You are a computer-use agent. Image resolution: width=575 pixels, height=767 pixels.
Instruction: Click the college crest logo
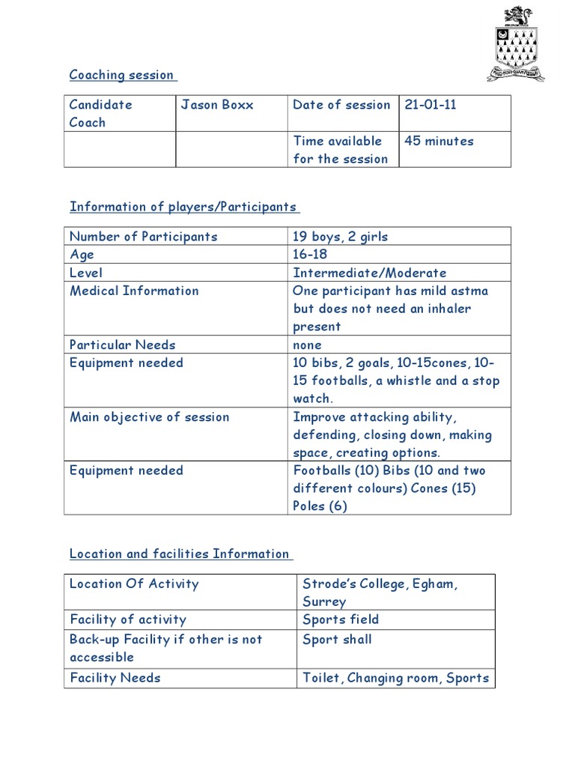point(517,44)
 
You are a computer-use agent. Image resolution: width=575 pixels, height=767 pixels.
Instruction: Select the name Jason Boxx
point(217,105)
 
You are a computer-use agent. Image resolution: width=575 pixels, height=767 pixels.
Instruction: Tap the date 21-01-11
point(431,105)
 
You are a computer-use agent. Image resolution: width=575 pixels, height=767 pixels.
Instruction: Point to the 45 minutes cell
point(439,141)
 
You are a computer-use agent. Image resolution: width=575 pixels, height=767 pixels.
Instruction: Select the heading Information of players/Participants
point(183,207)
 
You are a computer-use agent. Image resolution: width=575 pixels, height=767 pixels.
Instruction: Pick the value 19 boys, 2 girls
point(341,237)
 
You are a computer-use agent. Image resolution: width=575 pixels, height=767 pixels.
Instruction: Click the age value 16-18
point(311,255)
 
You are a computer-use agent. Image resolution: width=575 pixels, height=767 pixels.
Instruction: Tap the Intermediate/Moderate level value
point(369,273)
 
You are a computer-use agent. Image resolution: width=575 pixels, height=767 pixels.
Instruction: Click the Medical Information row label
point(134,291)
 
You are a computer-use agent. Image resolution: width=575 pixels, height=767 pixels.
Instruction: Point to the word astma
point(467,291)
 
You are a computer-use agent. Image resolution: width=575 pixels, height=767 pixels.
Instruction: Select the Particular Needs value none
point(308,345)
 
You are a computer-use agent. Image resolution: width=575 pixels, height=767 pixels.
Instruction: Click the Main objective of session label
point(149,417)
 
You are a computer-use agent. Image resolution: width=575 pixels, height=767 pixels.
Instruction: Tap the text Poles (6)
point(320,506)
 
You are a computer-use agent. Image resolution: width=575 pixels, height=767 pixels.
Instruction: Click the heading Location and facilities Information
point(179,554)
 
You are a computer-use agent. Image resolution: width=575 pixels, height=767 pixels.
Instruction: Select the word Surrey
point(324,602)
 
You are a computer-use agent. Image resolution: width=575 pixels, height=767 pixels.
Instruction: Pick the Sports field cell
point(341,619)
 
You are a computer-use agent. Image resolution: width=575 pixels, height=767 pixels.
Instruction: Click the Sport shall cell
point(337,640)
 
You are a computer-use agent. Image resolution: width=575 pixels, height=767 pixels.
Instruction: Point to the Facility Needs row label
point(115,678)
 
